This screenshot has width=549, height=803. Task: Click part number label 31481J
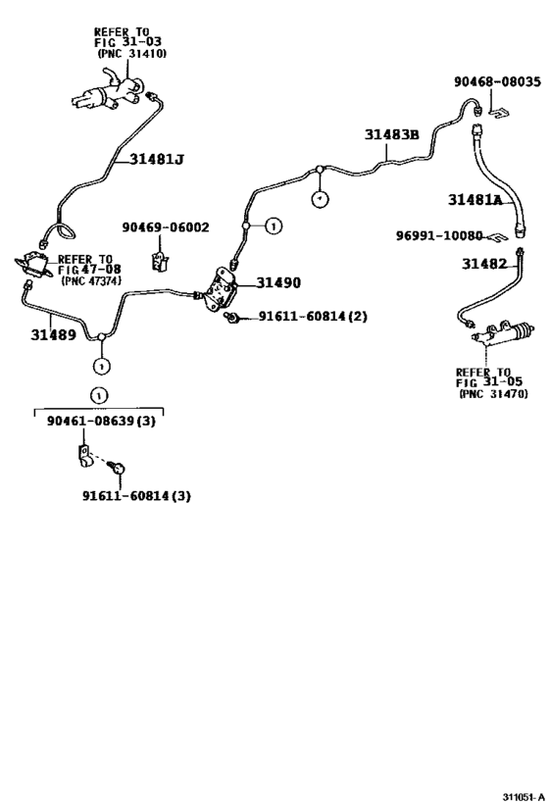pyautogui.click(x=156, y=159)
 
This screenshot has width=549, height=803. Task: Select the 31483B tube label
pyautogui.click(x=392, y=134)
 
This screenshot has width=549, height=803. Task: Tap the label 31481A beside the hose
pyautogui.click(x=475, y=200)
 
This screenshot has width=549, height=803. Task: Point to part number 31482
pyautogui.click(x=484, y=264)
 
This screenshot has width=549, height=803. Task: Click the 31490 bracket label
pyautogui.click(x=278, y=282)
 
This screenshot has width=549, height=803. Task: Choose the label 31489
pyautogui.click(x=53, y=335)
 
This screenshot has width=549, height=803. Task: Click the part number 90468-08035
pyautogui.click(x=497, y=82)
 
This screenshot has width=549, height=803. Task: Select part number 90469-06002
pyautogui.click(x=166, y=226)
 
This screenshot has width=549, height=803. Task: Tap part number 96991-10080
pyautogui.click(x=439, y=235)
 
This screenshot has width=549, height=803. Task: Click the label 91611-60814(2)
pyautogui.click(x=313, y=317)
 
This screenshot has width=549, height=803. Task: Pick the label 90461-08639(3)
pyautogui.click(x=101, y=422)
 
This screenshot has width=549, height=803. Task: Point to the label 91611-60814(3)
pyautogui.click(x=136, y=496)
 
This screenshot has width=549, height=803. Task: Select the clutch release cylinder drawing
pyautogui.click(x=502, y=335)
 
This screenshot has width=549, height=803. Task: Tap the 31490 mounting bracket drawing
pyautogui.click(x=221, y=289)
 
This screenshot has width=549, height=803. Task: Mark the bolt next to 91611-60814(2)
pyautogui.click(x=232, y=319)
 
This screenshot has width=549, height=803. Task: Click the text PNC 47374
pyautogui.click(x=91, y=280)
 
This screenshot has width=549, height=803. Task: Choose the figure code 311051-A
pyautogui.click(x=524, y=797)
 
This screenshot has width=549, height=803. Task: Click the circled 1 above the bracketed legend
pyautogui.click(x=98, y=396)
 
